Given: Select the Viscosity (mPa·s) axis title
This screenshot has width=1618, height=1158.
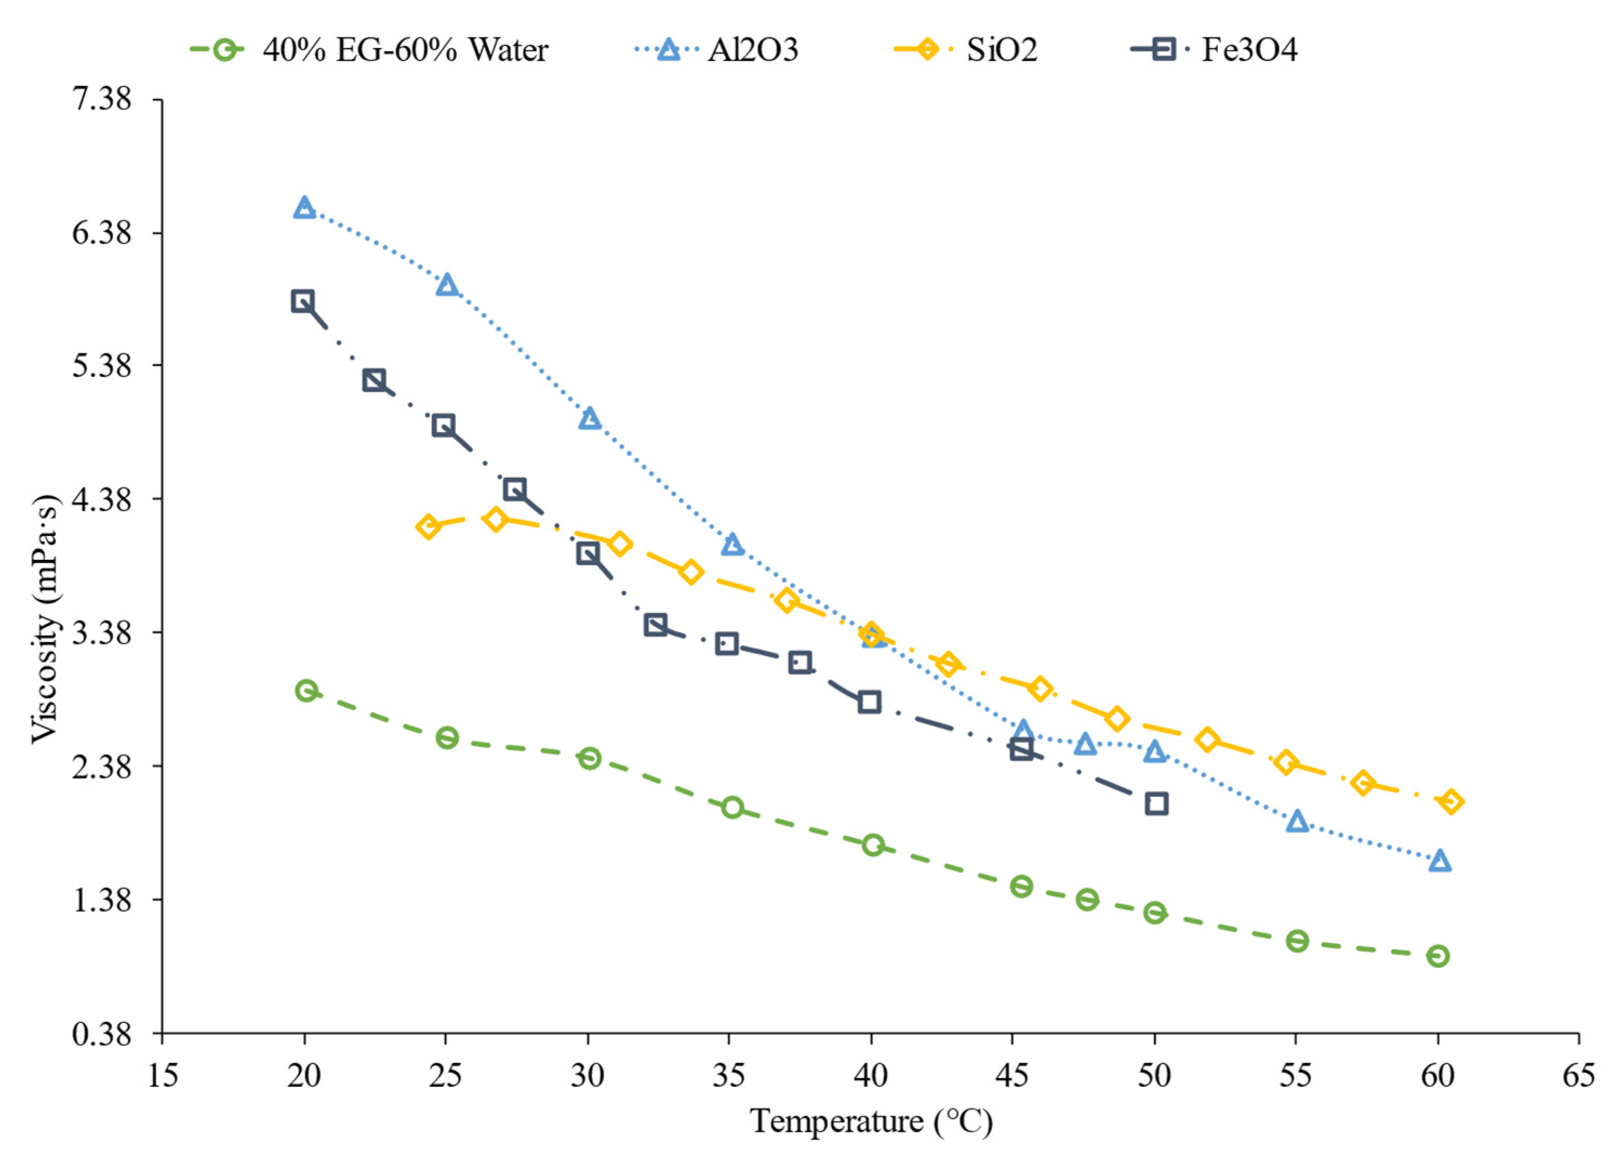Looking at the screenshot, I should tap(46, 619).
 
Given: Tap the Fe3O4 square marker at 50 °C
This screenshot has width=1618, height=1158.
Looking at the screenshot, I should tap(1156, 804).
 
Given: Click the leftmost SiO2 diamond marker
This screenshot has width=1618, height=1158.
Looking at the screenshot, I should tap(428, 527).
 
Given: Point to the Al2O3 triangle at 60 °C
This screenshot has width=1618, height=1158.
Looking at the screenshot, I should tap(1440, 861).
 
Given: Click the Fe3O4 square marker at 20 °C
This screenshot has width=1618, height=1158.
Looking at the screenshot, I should tap(302, 301).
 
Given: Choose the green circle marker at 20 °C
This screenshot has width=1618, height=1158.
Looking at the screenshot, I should tap(306, 690).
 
